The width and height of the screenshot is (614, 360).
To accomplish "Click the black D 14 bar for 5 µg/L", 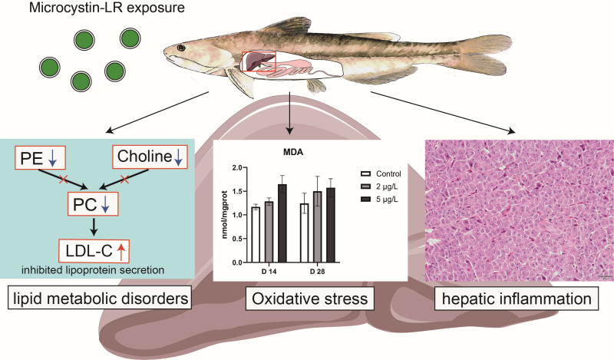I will [x=282, y=213].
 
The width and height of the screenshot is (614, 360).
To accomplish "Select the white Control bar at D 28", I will [x=305, y=222].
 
